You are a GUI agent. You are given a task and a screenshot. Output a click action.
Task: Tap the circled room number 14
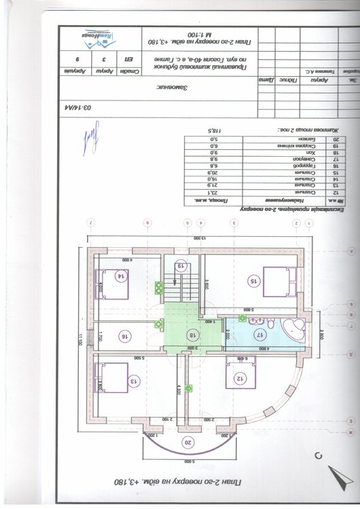(x=121, y=276)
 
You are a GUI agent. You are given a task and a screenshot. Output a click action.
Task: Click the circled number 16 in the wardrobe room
(x=124, y=335)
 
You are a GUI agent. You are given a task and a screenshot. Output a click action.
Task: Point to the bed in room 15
(x=276, y=279)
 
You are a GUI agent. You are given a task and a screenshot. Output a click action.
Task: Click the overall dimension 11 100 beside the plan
(x=79, y=339)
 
